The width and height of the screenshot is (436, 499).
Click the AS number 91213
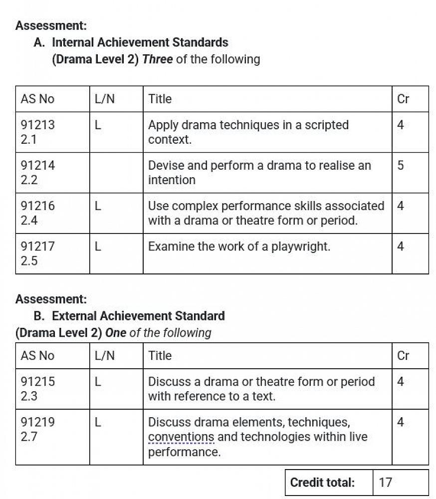tap(38, 125)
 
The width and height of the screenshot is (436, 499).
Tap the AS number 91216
tap(38, 206)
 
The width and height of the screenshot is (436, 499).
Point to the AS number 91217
tap(38, 247)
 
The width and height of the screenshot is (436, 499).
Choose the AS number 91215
tap(38, 382)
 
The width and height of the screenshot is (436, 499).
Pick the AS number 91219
tap(38, 422)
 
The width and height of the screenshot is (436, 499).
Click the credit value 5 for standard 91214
tap(401, 166)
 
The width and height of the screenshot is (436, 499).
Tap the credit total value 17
tap(386, 483)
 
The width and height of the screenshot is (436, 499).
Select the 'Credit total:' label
tap(322, 483)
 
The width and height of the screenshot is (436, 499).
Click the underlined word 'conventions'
tap(181, 437)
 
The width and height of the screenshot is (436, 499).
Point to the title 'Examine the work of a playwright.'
tap(239, 247)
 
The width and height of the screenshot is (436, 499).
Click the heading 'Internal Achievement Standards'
tap(140, 42)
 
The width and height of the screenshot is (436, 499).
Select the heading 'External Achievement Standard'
tap(138, 316)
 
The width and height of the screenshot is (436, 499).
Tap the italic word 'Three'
tap(158, 59)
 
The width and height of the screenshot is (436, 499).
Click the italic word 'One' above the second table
tap(116, 333)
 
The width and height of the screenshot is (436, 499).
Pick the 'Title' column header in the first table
tap(160, 99)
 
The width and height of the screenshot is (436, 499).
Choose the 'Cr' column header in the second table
tap(403, 356)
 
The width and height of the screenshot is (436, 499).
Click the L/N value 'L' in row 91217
tap(98, 247)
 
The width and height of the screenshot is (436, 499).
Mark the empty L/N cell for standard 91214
tap(116, 172)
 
